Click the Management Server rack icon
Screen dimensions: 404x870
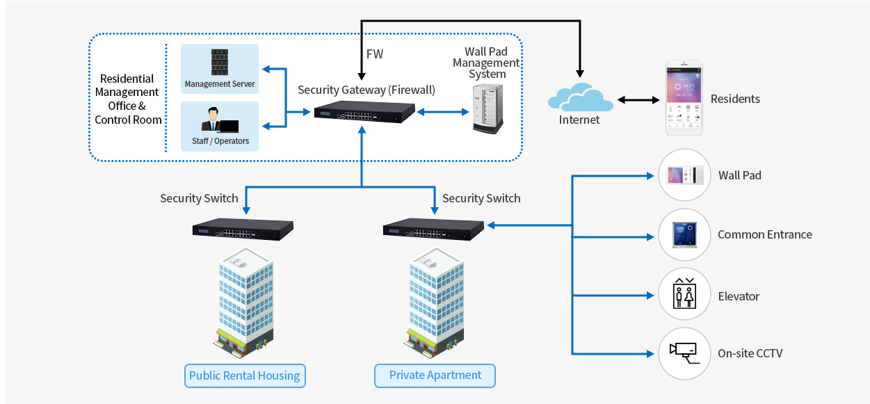(x=220, y=62)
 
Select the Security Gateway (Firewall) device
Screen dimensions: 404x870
(x=364, y=112)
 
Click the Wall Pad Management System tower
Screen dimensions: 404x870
(x=487, y=108)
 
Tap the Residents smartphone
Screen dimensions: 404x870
(x=684, y=98)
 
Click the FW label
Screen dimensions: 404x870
(x=374, y=54)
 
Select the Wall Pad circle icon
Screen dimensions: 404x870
(x=684, y=175)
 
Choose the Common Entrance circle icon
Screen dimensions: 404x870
(x=684, y=235)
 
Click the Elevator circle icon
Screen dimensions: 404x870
(x=684, y=295)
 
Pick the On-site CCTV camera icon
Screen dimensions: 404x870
(x=684, y=353)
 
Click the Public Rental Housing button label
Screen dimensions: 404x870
(x=245, y=376)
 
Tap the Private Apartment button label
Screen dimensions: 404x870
(x=435, y=375)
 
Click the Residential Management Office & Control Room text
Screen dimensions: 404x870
(x=127, y=99)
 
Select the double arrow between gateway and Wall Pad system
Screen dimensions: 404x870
(x=442, y=111)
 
